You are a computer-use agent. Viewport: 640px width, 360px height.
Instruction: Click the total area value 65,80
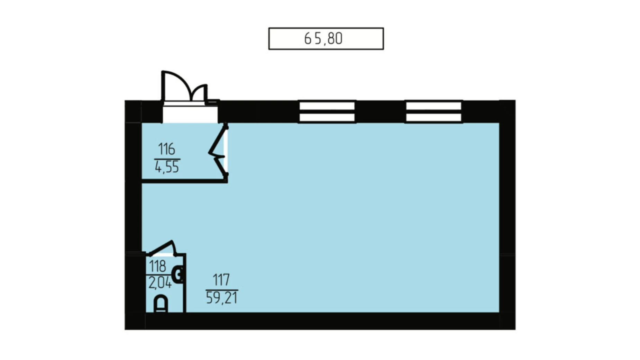323,38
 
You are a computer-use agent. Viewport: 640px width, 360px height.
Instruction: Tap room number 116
166,149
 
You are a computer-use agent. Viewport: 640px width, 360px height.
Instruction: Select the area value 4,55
167,167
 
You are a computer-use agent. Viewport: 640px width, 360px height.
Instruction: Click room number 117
221,280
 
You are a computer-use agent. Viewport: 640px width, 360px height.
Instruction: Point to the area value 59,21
221,297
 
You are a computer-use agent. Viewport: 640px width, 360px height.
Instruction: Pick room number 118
157,266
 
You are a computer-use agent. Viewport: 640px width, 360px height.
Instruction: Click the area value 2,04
160,283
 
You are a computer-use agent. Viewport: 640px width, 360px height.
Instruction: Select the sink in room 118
178,275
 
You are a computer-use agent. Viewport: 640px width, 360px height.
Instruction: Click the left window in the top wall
327,111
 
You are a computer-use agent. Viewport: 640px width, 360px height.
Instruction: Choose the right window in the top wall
433,111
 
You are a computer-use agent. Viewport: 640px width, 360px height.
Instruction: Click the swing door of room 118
162,248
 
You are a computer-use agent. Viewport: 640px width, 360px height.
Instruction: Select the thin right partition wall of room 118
185,283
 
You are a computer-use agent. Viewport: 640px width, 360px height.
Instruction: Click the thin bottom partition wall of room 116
184,181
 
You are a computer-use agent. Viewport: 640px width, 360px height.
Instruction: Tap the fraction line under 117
222,290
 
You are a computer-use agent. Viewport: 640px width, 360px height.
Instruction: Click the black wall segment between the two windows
380,111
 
